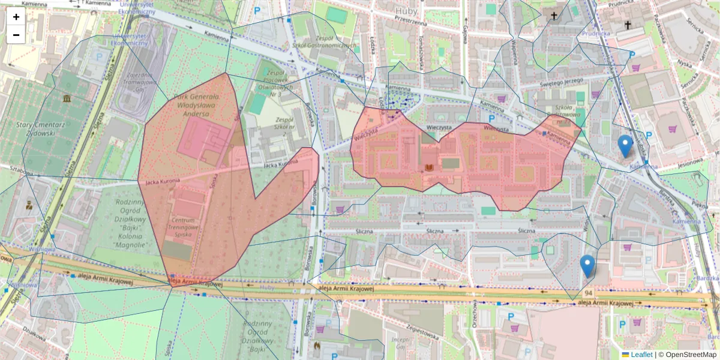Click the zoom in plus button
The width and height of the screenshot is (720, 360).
[16, 17]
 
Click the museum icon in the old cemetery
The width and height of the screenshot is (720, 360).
[64, 98]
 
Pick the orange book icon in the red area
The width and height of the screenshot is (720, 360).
[429, 167]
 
